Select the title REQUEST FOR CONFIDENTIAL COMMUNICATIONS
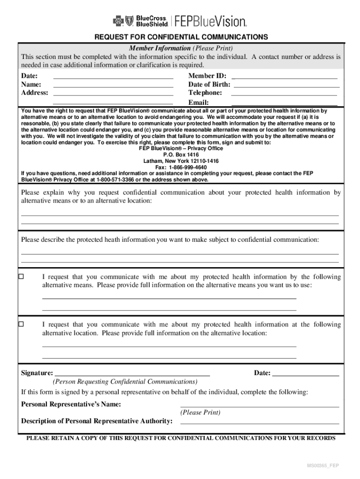coord(181,37)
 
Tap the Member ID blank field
coord(284,76)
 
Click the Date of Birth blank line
coord(286,85)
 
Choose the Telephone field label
coord(205,93)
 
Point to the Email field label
coord(198,102)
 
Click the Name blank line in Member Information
coord(113,85)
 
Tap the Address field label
coord(35,93)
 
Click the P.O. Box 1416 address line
coord(181,154)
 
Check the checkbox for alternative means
coord(21,277)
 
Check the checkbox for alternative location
coord(21,324)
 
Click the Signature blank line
coord(132,373)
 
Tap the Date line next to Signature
coord(305,373)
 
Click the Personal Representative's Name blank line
coord(259,405)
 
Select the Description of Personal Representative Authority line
coord(259,421)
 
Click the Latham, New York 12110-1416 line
coord(181,161)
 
